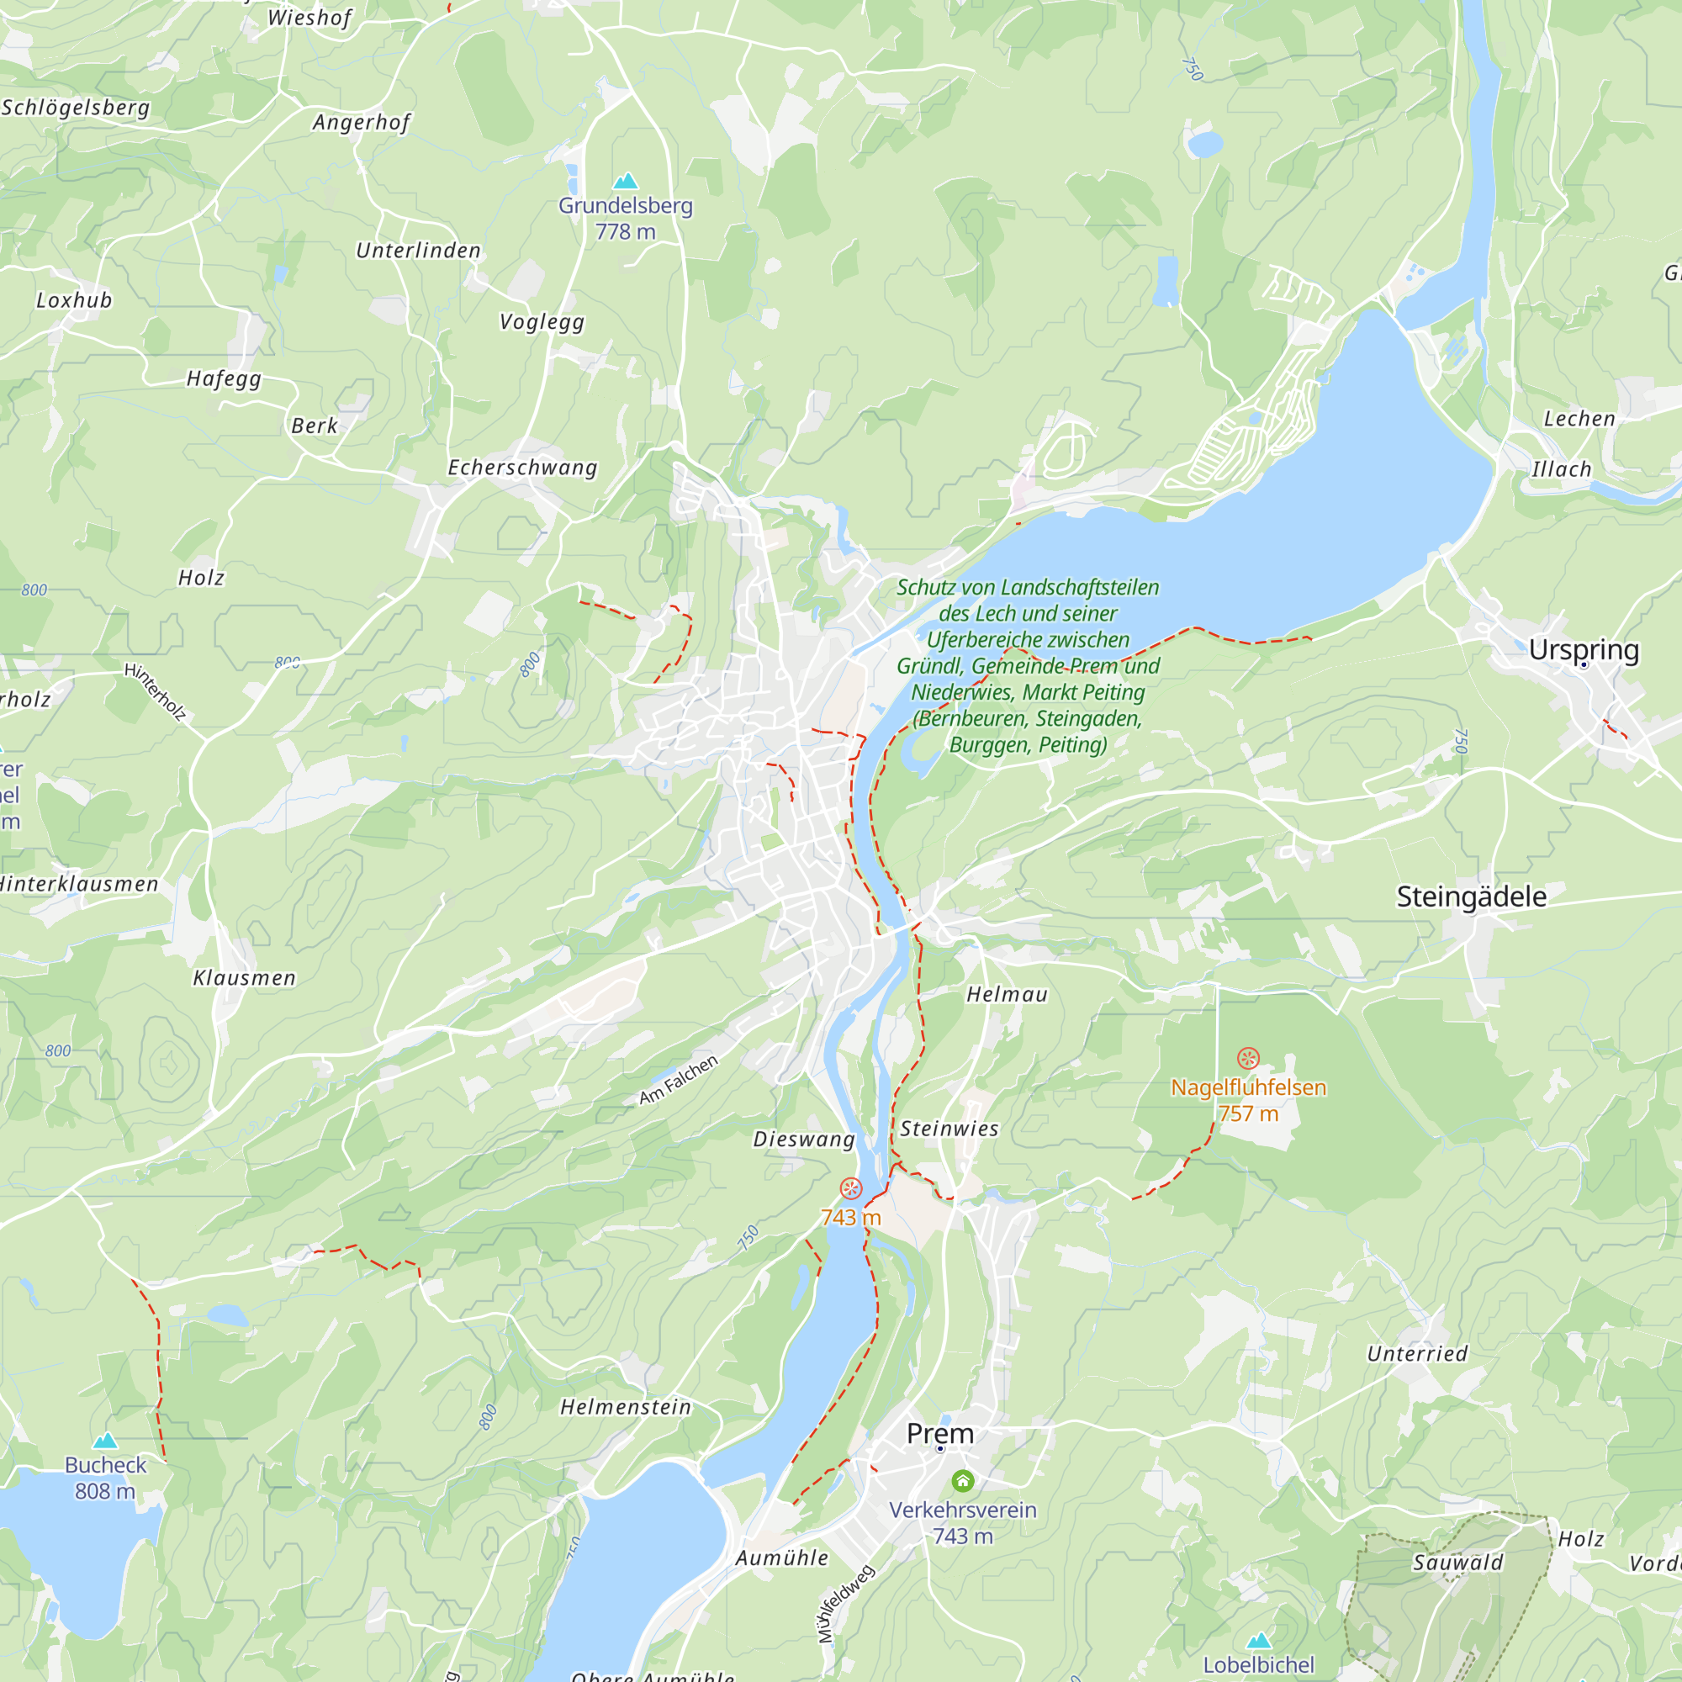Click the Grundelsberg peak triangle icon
625,181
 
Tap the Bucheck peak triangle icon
105,1440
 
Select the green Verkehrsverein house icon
962,1480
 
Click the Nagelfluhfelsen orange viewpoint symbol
1247,1059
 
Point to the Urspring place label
1584,650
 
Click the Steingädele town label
1471,897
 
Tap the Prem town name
939,1433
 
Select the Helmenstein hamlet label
625,1407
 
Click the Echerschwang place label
522,468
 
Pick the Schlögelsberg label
76,107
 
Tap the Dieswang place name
803,1139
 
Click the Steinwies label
949,1129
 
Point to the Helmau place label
1007,994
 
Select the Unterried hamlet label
1416,1354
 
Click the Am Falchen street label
678,1080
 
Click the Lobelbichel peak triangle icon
1259,1641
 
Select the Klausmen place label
245,978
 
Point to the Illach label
1561,469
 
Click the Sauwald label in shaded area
1457,1563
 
